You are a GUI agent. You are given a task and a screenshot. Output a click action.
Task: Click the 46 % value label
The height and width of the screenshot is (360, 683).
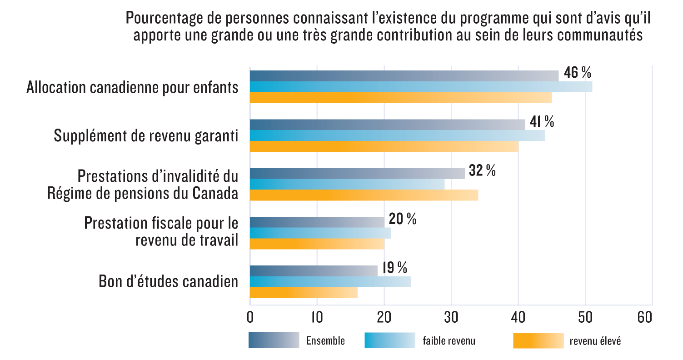pyautogui.click(x=577, y=73)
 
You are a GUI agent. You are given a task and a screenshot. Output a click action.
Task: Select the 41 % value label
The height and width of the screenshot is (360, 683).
pyautogui.click(x=542, y=121)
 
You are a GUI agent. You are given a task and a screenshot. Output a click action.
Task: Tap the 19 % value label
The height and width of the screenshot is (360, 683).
pyautogui.click(x=394, y=268)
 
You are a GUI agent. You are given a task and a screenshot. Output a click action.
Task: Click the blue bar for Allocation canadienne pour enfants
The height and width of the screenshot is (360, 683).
pyautogui.click(x=421, y=87)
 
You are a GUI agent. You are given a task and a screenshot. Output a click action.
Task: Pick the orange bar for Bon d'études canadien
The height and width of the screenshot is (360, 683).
pyautogui.click(x=304, y=293)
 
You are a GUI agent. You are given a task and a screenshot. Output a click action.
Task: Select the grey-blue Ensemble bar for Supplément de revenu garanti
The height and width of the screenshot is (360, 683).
pyautogui.click(x=387, y=124)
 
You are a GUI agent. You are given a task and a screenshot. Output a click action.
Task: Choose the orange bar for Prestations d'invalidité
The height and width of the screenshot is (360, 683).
pyautogui.click(x=364, y=195)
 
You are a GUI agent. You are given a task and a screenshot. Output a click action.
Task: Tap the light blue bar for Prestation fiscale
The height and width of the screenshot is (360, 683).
pyautogui.click(x=320, y=233)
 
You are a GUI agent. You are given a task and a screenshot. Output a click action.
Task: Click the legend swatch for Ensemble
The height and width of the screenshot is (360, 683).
pyautogui.click(x=274, y=340)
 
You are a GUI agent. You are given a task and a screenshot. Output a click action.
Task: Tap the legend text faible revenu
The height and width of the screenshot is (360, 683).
pyautogui.click(x=449, y=340)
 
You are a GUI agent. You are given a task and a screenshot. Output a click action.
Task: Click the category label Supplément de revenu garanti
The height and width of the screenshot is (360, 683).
pyautogui.click(x=146, y=135)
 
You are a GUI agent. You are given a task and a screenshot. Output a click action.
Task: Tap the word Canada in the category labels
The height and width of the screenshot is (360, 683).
pyautogui.click(x=215, y=193)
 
